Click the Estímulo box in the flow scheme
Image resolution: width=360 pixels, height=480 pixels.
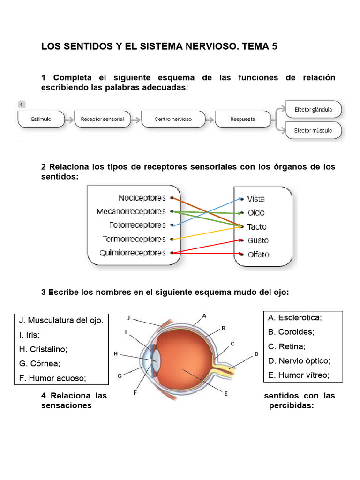[x=41, y=119]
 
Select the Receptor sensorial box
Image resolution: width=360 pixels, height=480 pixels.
[x=102, y=119]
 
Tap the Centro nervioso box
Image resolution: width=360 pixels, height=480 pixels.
[x=173, y=119]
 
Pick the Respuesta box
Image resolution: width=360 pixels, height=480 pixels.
[x=243, y=119]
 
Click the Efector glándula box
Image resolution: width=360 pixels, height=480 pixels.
[x=313, y=109]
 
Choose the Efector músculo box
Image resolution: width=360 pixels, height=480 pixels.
[x=313, y=130]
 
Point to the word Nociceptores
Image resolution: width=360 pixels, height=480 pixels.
[x=142, y=198]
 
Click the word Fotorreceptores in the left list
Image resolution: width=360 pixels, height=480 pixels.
[x=137, y=225]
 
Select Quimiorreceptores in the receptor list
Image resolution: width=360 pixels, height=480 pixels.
[x=133, y=253]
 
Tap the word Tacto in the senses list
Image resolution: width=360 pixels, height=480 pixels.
[x=257, y=227]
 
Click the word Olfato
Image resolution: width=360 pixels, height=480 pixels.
[x=258, y=255]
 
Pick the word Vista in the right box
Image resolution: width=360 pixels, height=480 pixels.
[x=256, y=199]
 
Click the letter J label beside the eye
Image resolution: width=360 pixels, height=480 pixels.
[x=129, y=317]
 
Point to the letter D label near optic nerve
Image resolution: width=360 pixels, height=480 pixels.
[x=256, y=354]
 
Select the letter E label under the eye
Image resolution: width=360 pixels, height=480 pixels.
[x=225, y=393]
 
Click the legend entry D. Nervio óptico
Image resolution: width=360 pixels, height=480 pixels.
[x=299, y=360]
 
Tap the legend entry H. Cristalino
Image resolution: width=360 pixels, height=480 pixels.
[x=43, y=349]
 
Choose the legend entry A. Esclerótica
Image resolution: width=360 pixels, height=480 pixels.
[x=295, y=317]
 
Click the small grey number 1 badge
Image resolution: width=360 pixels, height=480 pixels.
[x=22, y=104]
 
